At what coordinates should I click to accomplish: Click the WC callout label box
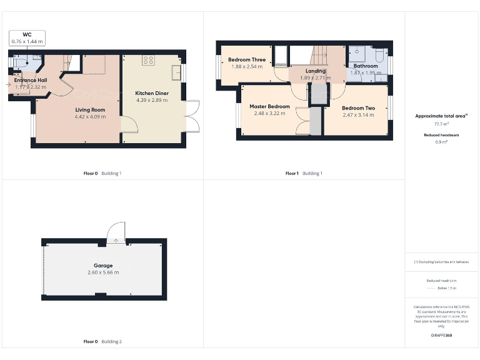point(27,37)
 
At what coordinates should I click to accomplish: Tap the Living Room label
point(89,109)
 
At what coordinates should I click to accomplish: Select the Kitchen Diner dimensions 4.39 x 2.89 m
point(152,100)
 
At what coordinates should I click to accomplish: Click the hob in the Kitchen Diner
point(149,61)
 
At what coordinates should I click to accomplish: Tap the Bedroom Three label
point(247,60)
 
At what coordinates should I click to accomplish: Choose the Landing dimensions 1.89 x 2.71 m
point(315,78)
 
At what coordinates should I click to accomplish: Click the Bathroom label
point(366,66)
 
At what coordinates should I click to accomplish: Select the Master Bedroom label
point(269,106)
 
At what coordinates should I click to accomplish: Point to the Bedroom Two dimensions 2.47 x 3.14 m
point(358,115)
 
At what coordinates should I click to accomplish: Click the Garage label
point(103,266)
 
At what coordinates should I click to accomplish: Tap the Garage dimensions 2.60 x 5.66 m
point(103,273)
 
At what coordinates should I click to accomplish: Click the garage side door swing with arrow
point(116,234)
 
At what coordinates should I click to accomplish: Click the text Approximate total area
point(440,116)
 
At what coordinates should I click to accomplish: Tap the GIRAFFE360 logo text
point(441,336)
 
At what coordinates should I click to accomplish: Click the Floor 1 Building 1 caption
point(304,173)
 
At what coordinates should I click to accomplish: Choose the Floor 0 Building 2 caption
point(102,342)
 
